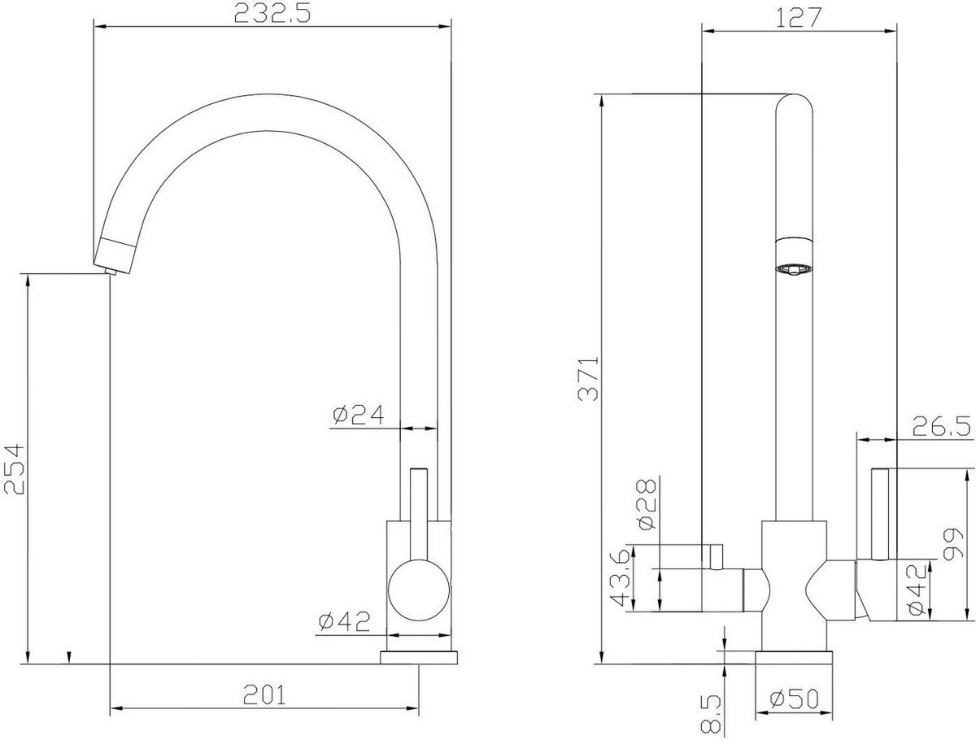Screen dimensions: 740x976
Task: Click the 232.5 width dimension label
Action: pyautogui.click(x=271, y=14)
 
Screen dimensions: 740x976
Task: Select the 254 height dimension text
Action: pyautogui.click(x=16, y=468)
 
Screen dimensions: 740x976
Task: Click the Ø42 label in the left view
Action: pyautogui.click(x=342, y=622)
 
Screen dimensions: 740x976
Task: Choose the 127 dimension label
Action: pyautogui.click(x=799, y=17)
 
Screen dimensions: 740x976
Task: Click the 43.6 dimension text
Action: pyautogui.click(x=621, y=578)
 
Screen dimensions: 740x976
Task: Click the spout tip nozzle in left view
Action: pyautogui.click(x=112, y=256)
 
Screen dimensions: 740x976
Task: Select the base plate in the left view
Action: pyautogui.click(x=420, y=655)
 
